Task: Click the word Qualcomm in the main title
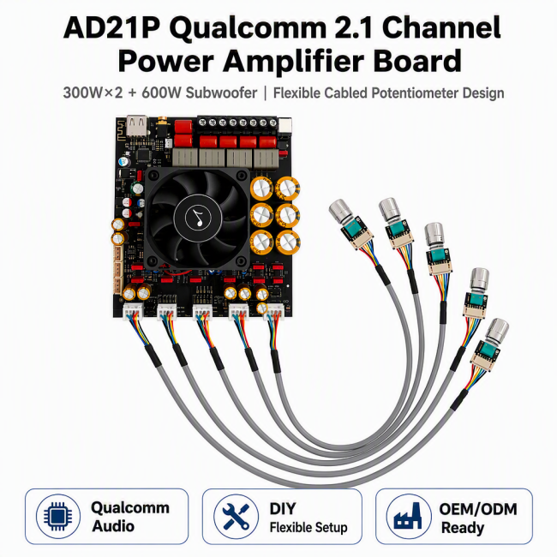(x=248, y=29)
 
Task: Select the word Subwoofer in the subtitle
(x=221, y=93)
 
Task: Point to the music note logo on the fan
(x=198, y=217)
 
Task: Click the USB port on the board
(x=137, y=124)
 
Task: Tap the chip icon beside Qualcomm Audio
(x=58, y=516)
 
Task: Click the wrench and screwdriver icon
(x=236, y=516)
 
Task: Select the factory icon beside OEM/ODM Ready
(x=409, y=516)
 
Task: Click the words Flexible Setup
(x=308, y=528)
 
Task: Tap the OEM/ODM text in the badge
(x=478, y=509)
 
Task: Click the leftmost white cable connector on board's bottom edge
(x=133, y=311)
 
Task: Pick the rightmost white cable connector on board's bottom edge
(x=274, y=312)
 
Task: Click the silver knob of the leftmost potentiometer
(x=341, y=211)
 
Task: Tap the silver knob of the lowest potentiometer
(x=497, y=330)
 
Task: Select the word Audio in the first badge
(x=113, y=526)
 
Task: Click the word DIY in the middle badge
(x=283, y=509)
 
